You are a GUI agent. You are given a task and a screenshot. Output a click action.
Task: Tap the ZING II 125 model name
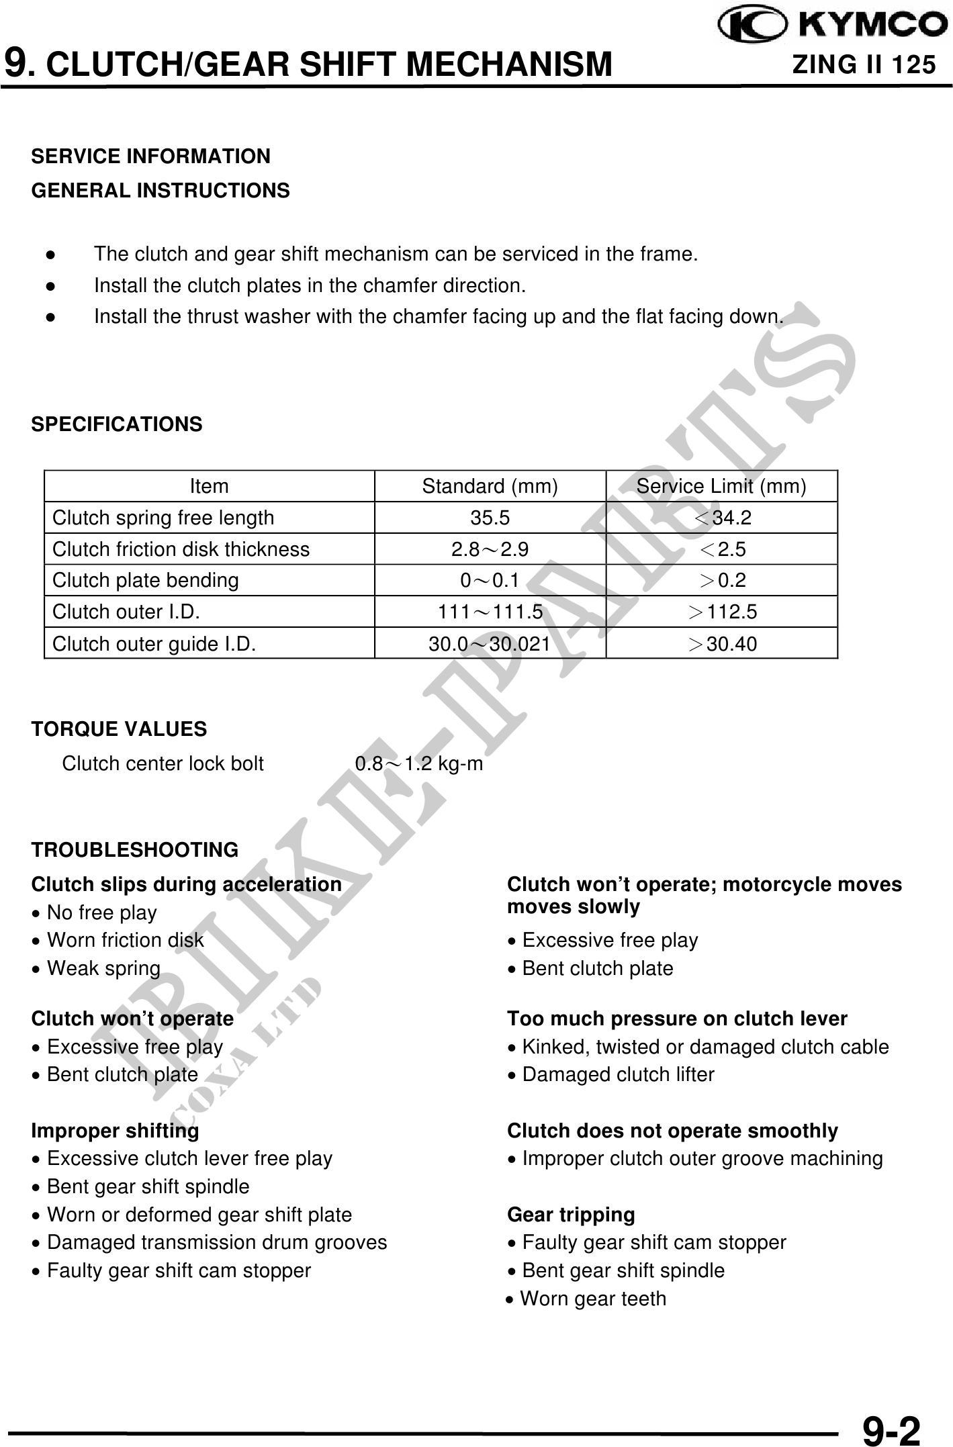[864, 65]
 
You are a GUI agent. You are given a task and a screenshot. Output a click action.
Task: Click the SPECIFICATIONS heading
[117, 424]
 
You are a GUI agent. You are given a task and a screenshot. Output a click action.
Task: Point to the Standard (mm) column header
[490, 486]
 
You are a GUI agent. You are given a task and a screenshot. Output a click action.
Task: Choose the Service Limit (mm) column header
[721, 486]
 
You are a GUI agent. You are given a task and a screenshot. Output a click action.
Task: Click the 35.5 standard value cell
[490, 518]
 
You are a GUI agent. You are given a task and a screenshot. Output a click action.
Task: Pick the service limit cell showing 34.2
[723, 518]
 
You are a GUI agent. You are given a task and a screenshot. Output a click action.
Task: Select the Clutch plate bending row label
[146, 580]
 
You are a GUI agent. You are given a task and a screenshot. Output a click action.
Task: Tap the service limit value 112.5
[723, 612]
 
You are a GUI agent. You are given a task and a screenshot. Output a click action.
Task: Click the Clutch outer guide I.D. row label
[154, 644]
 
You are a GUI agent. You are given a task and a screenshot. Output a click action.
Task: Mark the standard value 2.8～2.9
[490, 549]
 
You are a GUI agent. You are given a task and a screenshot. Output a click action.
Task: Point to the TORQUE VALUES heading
[119, 729]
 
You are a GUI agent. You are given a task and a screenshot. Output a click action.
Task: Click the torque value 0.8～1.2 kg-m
[418, 763]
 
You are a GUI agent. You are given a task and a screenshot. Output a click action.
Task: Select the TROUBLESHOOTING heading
[134, 850]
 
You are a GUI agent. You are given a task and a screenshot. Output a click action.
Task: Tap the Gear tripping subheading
[571, 1215]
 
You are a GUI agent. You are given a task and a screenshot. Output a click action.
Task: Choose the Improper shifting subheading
[115, 1131]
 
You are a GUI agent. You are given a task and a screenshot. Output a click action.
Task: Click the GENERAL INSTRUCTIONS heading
[161, 191]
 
